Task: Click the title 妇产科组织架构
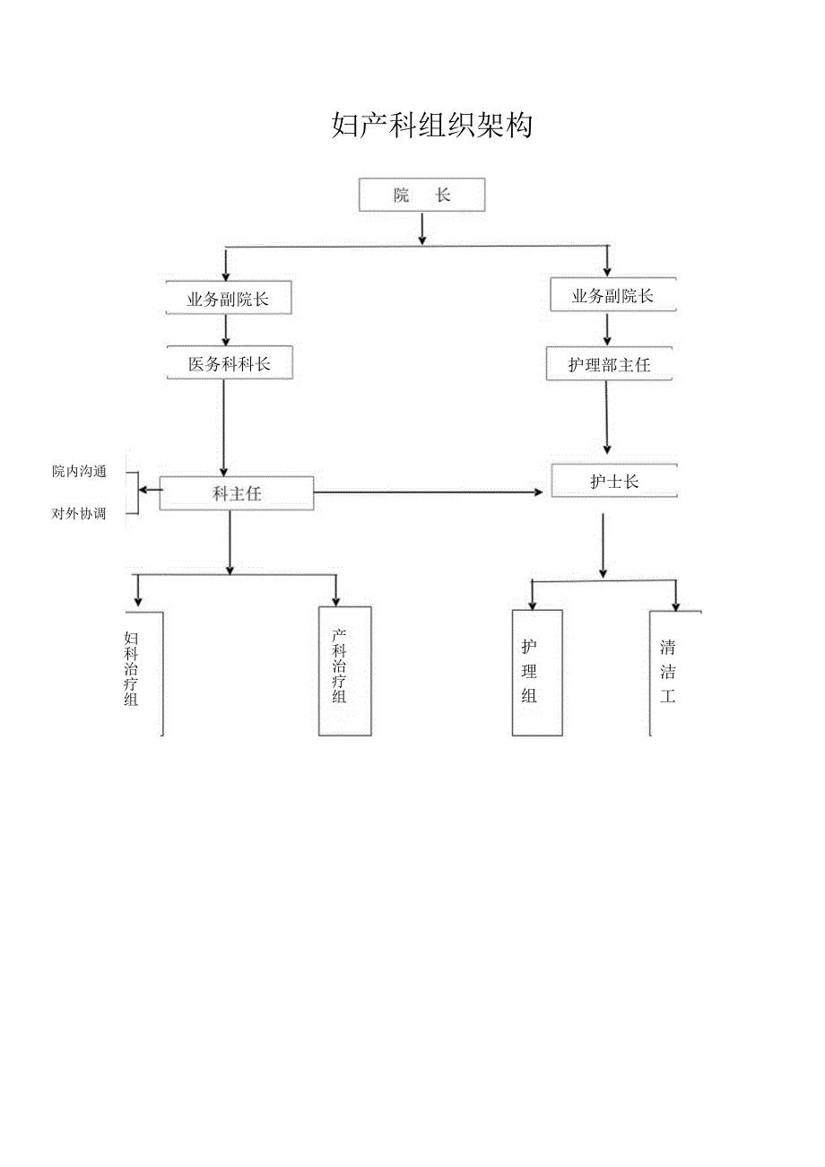[431, 126]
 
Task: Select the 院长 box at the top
[421, 196]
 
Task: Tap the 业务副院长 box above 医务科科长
[229, 299]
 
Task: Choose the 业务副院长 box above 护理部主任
[612, 295]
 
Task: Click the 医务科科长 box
[230, 363]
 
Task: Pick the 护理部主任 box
[609, 364]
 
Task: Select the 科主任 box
[237, 493]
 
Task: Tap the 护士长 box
[614, 481]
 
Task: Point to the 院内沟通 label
[79, 472]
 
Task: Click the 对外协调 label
[79, 514]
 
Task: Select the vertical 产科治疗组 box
[344, 670]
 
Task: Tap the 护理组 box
[537, 672]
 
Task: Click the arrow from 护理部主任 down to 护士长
[607, 417]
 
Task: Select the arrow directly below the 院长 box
[421, 229]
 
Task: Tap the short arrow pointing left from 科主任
[151, 490]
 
